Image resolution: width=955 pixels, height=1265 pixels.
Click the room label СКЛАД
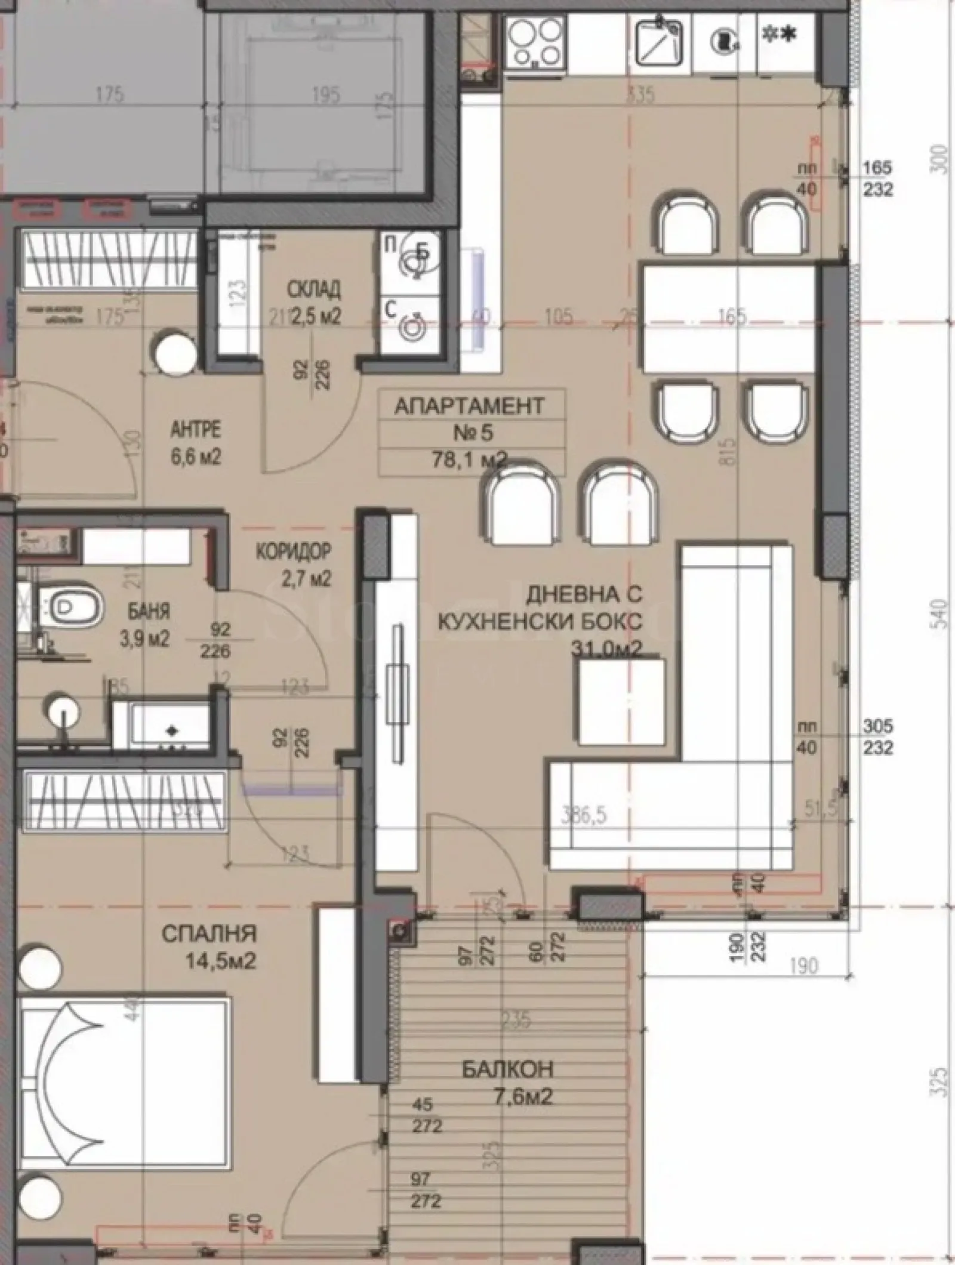tap(314, 290)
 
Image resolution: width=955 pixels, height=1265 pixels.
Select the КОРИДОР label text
tap(292, 552)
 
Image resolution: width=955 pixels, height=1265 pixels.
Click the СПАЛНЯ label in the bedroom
tap(209, 933)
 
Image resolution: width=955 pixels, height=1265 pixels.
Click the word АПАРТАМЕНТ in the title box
tap(469, 406)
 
